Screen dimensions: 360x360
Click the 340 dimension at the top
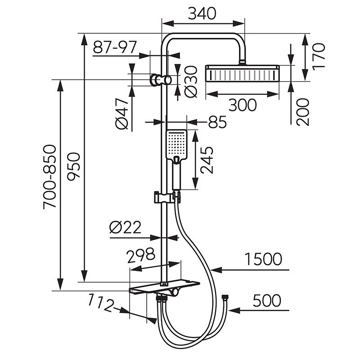[202, 13]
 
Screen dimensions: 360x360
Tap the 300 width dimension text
[243, 105]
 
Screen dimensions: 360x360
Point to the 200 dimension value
[303, 112]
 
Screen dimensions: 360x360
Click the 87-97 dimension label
[115, 47]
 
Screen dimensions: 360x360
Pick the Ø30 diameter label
[190, 81]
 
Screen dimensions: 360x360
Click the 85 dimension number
[217, 122]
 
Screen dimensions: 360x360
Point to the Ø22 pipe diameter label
[126, 228]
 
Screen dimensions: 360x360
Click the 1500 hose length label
[263, 259]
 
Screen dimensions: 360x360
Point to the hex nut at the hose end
[225, 297]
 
